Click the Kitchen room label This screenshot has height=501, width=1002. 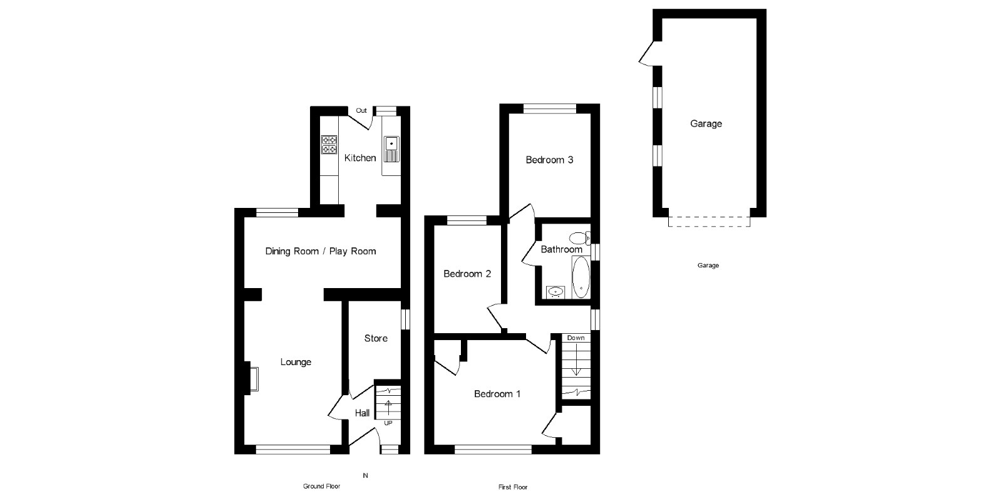point(360,158)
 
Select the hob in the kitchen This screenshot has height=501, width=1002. point(329,145)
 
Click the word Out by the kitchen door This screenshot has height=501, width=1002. point(361,111)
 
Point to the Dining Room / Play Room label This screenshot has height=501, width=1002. point(321,251)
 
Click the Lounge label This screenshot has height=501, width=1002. point(296,362)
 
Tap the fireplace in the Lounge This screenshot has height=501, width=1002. point(252,378)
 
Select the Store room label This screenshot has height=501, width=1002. point(376,338)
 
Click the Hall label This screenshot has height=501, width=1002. point(362,413)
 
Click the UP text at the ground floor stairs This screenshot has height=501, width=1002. point(388,423)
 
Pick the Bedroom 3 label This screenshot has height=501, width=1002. point(549,160)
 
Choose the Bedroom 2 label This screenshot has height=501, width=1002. point(467,274)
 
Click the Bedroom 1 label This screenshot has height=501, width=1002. point(497,394)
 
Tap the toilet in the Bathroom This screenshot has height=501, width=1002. point(580,238)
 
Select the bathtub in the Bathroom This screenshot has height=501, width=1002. point(581,277)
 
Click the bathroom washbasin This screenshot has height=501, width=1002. point(555,291)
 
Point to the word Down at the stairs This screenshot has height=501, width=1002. point(576,338)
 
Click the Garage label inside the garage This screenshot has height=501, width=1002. point(706,124)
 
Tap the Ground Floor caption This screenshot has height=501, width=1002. point(321,487)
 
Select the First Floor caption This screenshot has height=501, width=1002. point(514,487)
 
